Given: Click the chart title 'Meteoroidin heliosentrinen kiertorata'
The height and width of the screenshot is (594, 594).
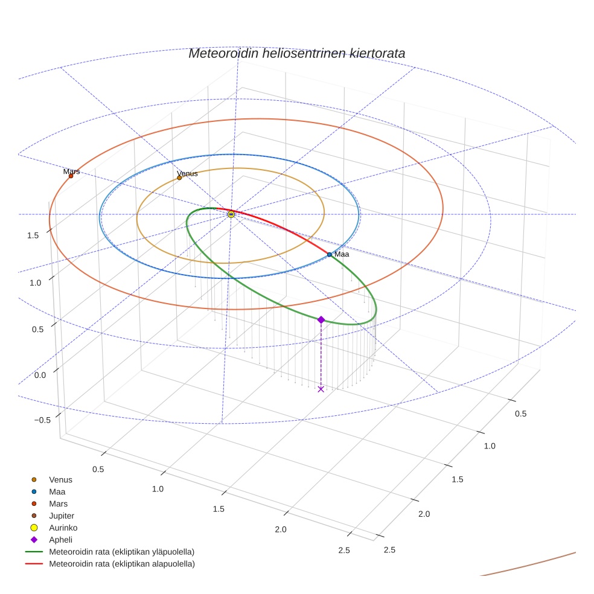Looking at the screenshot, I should click(296, 53).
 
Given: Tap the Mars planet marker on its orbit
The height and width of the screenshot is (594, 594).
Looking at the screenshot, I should click(71, 176).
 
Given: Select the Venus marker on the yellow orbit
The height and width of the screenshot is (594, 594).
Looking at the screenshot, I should click(179, 177).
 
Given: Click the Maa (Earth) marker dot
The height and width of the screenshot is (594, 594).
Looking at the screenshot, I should click(329, 255).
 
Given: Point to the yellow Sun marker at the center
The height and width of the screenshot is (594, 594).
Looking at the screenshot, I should click(231, 214).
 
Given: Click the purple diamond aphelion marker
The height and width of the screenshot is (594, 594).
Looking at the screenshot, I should click(321, 319).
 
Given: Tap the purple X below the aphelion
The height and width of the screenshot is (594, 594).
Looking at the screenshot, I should click(321, 389).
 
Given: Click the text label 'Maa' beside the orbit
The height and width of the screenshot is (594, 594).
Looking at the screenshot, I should click(342, 254).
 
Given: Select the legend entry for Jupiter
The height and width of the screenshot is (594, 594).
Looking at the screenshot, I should click(62, 516).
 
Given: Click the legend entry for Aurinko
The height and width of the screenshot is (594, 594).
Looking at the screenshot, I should click(63, 528).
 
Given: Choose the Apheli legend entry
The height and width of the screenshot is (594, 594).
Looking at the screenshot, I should click(60, 540).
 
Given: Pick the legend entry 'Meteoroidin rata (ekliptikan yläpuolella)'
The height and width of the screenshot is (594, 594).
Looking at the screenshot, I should click(121, 552).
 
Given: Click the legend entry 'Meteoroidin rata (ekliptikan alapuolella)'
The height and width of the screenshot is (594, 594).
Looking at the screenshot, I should click(121, 564).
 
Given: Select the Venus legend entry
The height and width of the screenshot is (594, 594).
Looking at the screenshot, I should click(60, 480).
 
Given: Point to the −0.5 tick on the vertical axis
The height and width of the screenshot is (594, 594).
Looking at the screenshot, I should click(43, 420).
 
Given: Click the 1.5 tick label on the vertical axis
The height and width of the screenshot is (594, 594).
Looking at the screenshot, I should click(33, 235).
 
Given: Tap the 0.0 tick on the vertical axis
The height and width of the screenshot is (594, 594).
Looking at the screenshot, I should click(40, 375).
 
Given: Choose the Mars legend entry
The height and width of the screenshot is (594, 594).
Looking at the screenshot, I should click(58, 503).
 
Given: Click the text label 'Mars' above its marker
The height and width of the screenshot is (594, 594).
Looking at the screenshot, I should click(71, 171).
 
